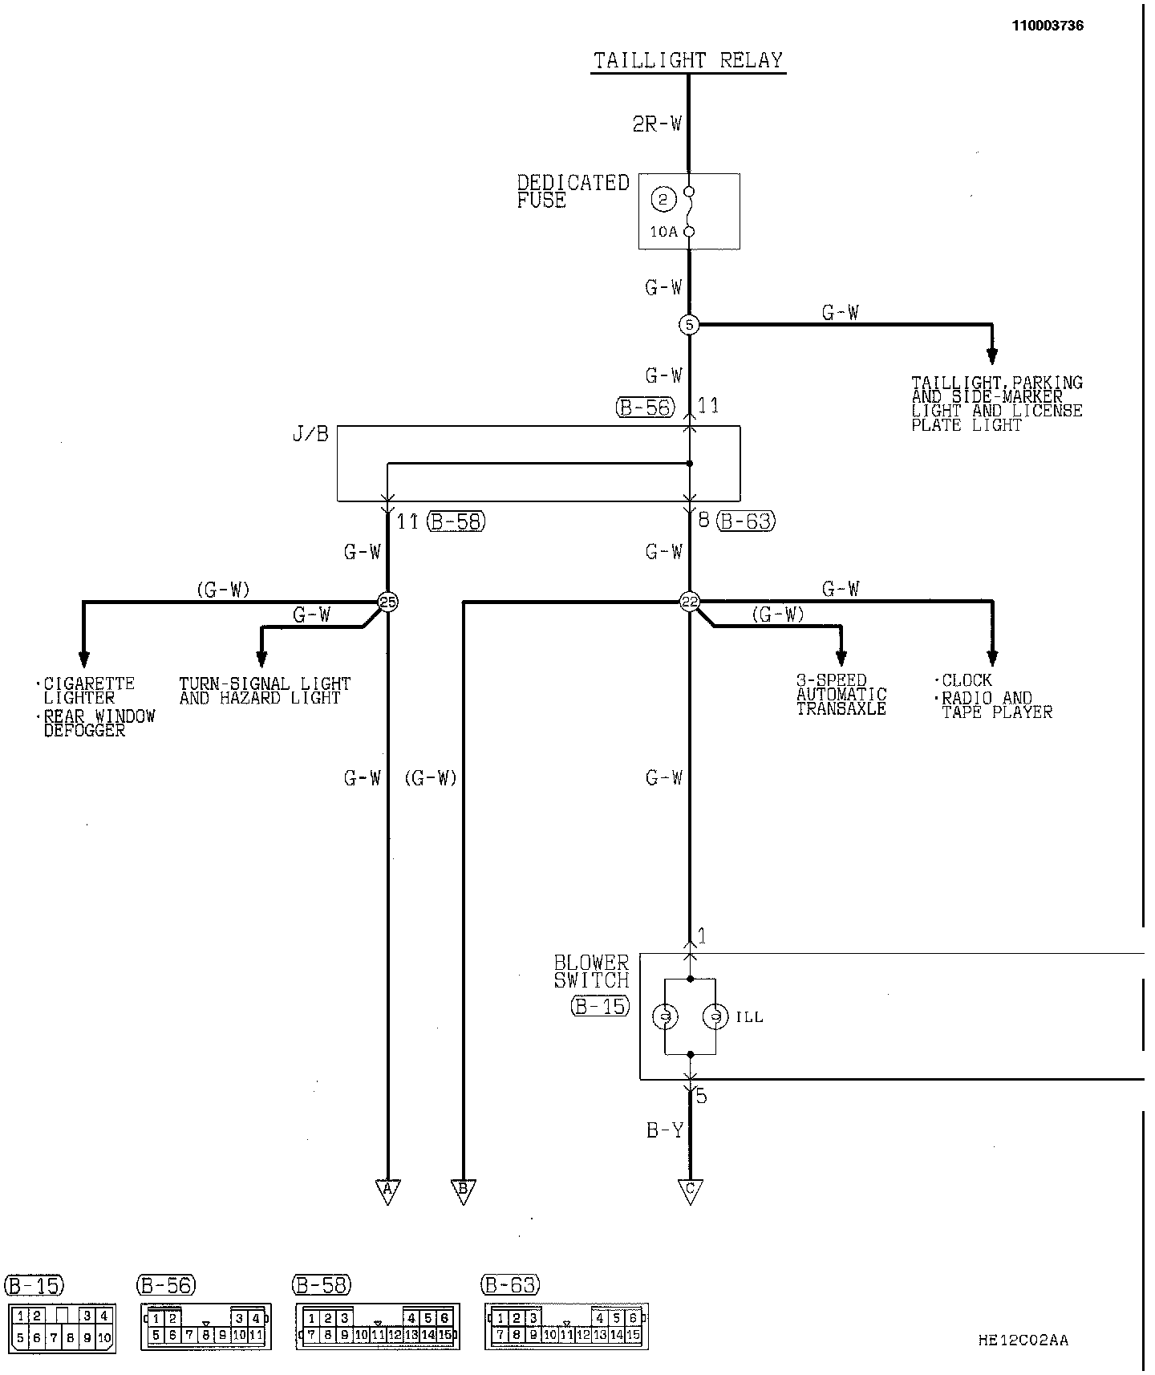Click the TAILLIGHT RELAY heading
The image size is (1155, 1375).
[x=688, y=61]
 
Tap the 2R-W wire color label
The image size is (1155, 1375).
[x=657, y=124]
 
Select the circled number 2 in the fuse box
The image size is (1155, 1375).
[x=663, y=199]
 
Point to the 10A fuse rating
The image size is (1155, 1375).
[x=663, y=233]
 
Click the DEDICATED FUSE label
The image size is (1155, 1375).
[x=572, y=192]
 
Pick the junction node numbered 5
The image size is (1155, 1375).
[x=689, y=325]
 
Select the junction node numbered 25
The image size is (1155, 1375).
[x=387, y=602]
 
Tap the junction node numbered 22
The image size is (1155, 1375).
[x=689, y=602]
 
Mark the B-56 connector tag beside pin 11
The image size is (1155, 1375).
[x=645, y=408]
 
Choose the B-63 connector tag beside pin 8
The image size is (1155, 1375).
[x=746, y=521]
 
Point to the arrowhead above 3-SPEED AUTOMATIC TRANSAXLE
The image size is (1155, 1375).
[x=841, y=658]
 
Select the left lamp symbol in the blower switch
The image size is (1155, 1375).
[x=665, y=1017]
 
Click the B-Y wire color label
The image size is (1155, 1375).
[x=665, y=1131]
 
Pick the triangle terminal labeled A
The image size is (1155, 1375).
[x=387, y=1190]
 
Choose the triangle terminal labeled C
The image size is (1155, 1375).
[x=689, y=1190]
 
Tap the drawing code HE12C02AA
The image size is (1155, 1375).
[x=1023, y=1340]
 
